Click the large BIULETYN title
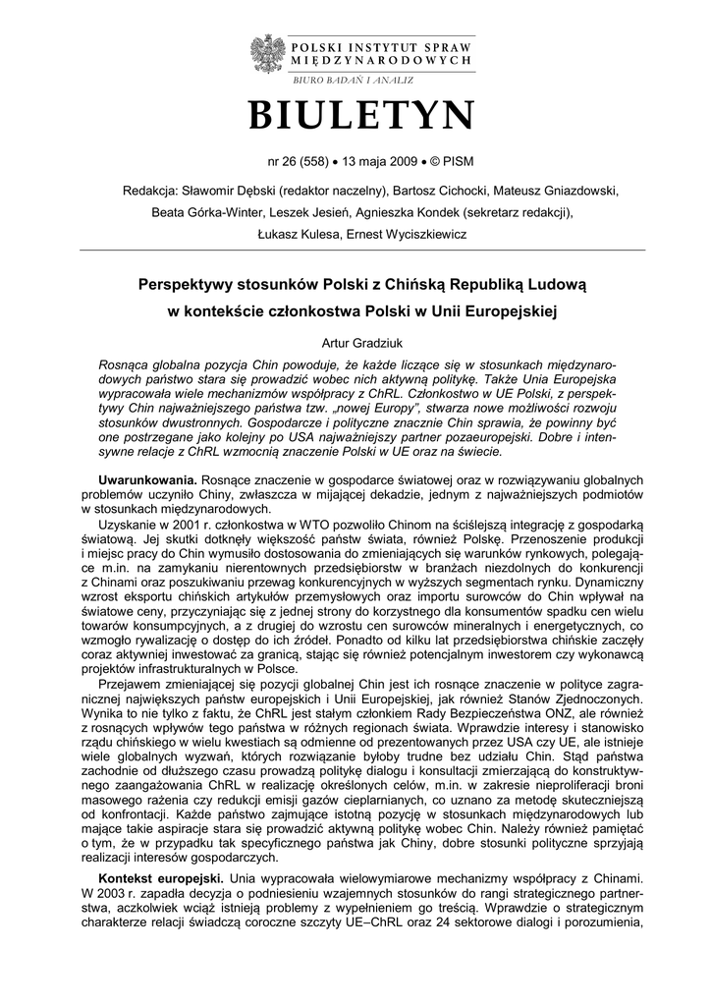coord(361,116)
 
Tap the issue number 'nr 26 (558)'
coord(301,161)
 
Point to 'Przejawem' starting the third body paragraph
coord(133,691)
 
